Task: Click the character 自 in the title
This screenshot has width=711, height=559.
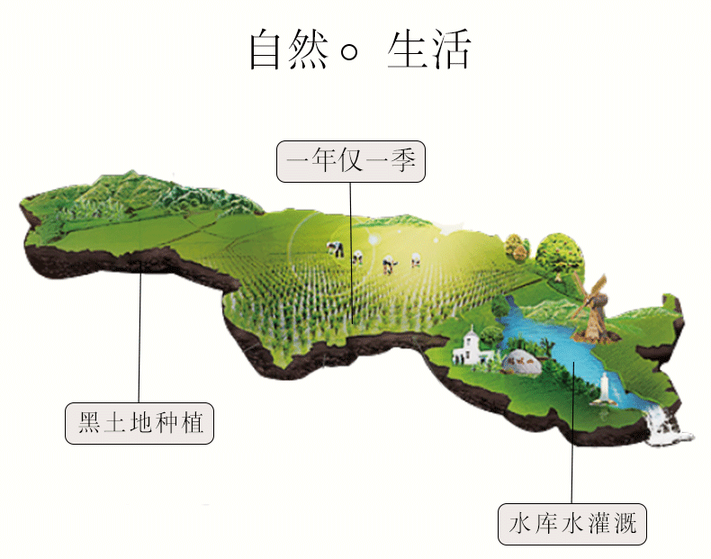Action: click(x=267, y=50)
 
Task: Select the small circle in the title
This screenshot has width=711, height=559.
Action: click(x=349, y=54)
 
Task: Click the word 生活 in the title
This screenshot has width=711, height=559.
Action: click(x=428, y=50)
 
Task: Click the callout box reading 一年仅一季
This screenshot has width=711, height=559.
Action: click(x=350, y=162)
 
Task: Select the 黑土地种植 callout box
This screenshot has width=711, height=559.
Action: click(x=139, y=423)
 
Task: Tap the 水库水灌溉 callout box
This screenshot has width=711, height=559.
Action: click(x=572, y=523)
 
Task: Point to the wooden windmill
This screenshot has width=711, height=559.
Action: click(x=595, y=311)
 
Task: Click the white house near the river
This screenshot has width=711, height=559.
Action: click(x=470, y=347)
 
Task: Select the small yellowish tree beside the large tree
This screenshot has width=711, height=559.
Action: click(x=516, y=245)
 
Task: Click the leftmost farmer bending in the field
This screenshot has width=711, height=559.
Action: click(x=335, y=248)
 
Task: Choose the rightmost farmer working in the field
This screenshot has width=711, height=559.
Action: click(x=416, y=259)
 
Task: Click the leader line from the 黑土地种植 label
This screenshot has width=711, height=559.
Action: click(x=140, y=342)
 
